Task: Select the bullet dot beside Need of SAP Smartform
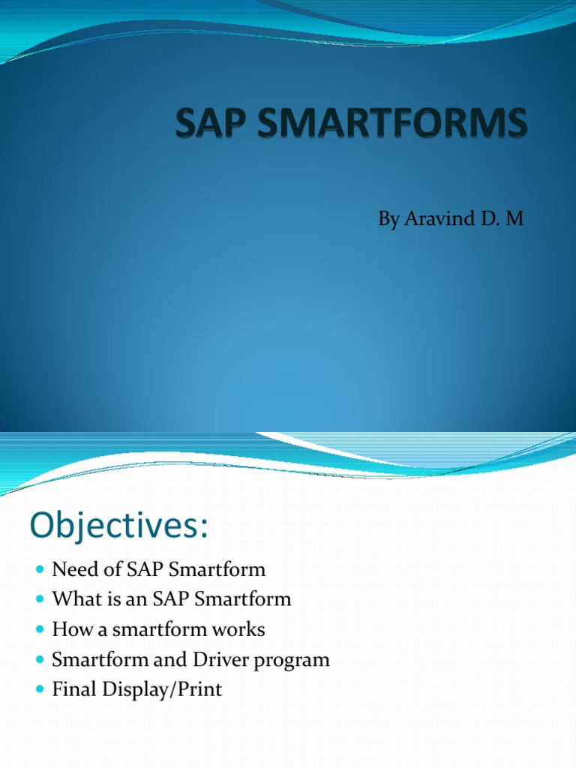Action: point(41,570)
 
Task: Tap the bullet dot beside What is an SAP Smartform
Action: point(41,600)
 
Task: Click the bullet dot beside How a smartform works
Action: point(41,630)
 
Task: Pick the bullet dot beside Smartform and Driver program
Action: point(41,661)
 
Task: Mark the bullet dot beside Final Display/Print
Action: point(41,691)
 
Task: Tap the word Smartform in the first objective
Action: point(217,569)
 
